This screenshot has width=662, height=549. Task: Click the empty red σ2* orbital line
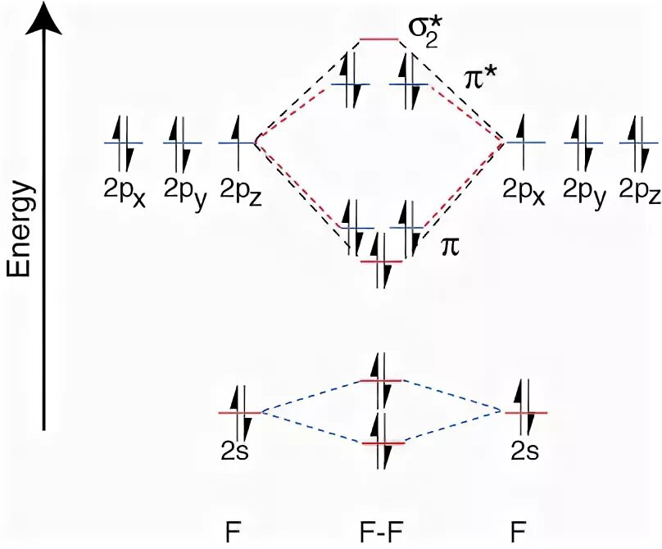coord(379,39)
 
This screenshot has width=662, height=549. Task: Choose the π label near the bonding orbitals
coord(450,246)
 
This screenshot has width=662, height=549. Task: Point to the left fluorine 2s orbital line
coord(238,412)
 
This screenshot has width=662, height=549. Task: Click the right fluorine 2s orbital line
coord(524,412)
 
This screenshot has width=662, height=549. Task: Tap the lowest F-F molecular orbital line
coord(382,443)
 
